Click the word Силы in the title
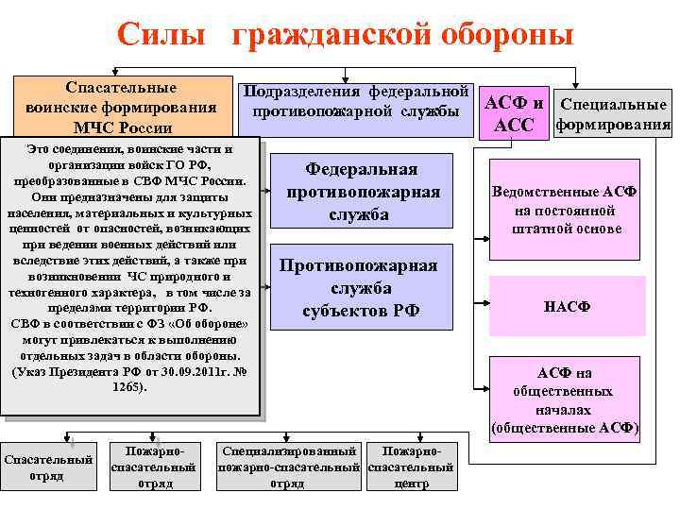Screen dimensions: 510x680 161,35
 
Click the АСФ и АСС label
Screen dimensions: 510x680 515,112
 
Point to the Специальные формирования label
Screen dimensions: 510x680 614,114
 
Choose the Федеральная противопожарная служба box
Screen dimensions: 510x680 363,193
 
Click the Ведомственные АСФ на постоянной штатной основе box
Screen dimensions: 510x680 564,210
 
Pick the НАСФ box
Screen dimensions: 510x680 564,306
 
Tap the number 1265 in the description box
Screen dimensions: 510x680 128,387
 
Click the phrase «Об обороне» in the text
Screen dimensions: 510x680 210,324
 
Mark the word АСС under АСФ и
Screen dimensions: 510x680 515,126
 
